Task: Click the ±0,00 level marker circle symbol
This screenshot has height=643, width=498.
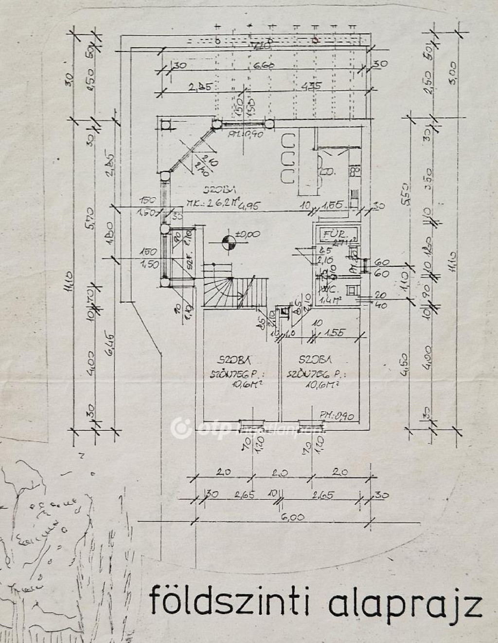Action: (228, 241)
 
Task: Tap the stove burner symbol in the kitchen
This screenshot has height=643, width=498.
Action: (355, 171)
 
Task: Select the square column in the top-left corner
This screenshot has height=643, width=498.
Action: (166, 125)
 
